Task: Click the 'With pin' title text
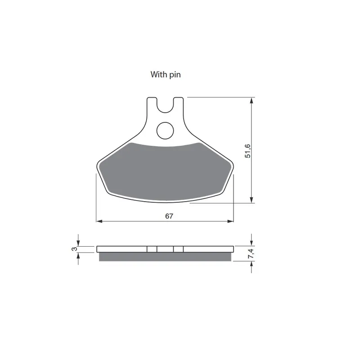click(x=166, y=75)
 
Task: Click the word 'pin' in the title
click(x=175, y=75)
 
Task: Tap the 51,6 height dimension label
click(x=248, y=151)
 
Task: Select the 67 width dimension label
click(x=169, y=216)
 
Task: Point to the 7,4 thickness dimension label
click(x=251, y=254)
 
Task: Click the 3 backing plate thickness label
click(x=74, y=249)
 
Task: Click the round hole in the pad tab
click(x=165, y=130)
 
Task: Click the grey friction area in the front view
click(x=165, y=171)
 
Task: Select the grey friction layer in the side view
click(x=165, y=257)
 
